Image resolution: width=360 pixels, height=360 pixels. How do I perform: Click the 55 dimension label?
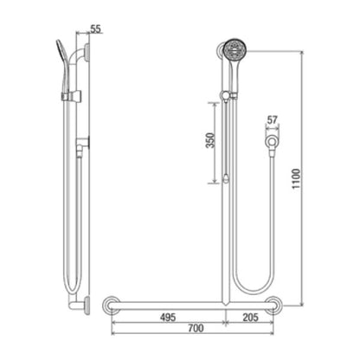[96, 29]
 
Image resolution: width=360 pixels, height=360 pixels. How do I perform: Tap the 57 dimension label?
[272, 120]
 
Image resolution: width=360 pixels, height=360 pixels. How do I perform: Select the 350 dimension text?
[211, 140]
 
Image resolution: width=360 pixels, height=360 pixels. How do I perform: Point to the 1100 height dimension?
[296, 179]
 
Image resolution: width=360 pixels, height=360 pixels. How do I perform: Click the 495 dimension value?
[168, 318]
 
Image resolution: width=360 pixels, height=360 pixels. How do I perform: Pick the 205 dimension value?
[250, 318]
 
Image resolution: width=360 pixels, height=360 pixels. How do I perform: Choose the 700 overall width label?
[196, 328]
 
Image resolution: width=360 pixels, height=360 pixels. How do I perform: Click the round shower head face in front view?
[235, 49]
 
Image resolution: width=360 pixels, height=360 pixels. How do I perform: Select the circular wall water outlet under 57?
[272, 142]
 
